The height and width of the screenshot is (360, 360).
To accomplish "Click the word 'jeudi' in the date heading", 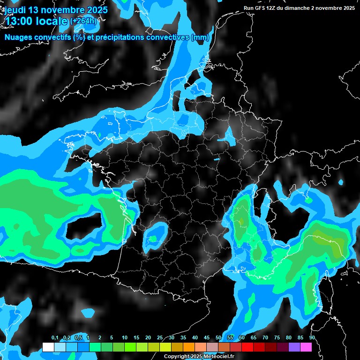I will point(14,9).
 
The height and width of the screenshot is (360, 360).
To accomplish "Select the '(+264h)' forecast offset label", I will point(84,21).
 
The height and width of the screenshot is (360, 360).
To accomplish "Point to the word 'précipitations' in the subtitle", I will point(119,37).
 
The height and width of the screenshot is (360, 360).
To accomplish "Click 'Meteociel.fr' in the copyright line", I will point(219,356).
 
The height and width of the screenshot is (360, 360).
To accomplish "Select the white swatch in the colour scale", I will point(48,347).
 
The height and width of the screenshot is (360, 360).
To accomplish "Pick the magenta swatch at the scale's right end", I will point(306,347).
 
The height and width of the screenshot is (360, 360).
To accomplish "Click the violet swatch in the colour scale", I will point(294,347).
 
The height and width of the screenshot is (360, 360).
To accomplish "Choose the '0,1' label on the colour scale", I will point(55,338).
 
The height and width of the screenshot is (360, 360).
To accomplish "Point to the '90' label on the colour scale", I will point(312,338).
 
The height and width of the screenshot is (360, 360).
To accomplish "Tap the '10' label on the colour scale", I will point(125,338).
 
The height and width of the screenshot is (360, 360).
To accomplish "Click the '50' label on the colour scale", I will point(218,338).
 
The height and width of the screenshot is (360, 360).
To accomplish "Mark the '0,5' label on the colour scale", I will point(78,338).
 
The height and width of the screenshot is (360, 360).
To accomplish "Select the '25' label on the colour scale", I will point(160,338).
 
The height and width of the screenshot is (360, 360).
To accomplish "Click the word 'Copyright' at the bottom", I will point(176,356).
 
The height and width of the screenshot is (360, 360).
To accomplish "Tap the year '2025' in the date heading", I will point(97,9).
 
